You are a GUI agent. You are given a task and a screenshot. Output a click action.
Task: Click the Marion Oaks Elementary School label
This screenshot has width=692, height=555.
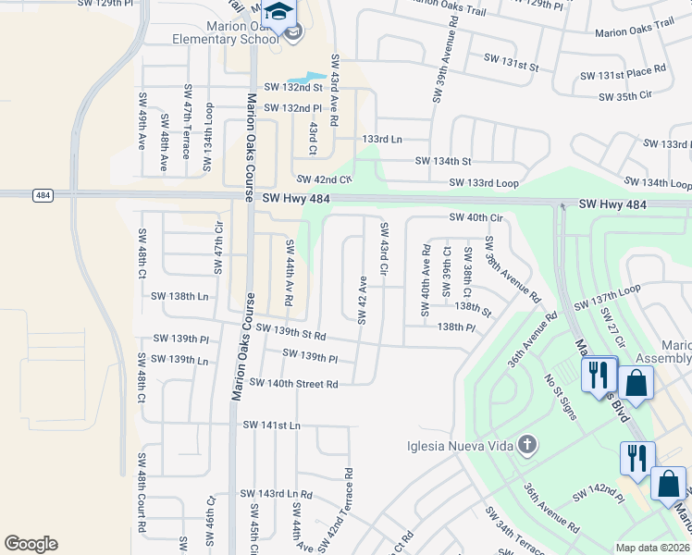coord(228,32)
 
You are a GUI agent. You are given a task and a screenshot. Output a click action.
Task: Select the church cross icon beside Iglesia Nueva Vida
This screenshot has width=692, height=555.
coord(527,446)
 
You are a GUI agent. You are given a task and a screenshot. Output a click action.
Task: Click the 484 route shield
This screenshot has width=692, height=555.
coord(43,195)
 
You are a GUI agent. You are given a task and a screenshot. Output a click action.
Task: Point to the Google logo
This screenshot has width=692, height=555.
coord(31,543)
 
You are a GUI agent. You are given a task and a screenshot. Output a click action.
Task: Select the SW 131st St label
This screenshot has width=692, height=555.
coord(511,67)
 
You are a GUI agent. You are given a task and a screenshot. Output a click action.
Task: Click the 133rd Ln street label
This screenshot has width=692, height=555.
coord(382,139)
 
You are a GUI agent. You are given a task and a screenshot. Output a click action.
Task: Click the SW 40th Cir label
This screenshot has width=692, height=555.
coord(476,217)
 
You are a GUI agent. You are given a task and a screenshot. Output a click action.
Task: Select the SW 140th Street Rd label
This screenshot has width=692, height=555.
coord(293,383)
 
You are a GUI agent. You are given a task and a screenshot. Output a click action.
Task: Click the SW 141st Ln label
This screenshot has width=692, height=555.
coord(272,425)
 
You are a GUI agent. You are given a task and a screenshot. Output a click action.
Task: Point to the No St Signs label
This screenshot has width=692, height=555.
coord(562,396)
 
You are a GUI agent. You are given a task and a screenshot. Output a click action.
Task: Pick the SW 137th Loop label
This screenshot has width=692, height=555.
coord(607,298)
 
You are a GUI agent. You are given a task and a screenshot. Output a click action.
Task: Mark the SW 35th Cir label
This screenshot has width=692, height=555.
coord(625,95)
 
